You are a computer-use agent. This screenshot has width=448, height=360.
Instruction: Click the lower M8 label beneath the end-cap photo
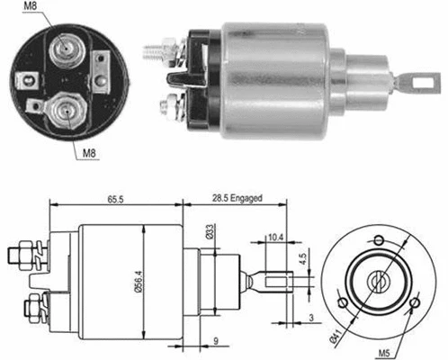(x=90, y=153)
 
